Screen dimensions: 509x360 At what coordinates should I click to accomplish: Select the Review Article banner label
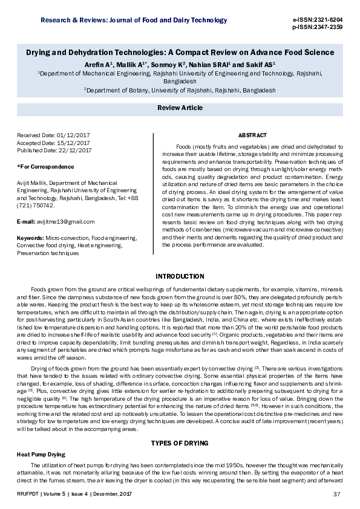(x=180, y=107)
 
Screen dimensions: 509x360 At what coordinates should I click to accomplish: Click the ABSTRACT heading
(x=252, y=135)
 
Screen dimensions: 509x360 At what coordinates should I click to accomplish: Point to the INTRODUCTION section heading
(x=180, y=276)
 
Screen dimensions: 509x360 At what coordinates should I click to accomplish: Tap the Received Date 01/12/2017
(x=54, y=135)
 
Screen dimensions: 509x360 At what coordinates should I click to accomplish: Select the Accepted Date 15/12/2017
(x=54, y=142)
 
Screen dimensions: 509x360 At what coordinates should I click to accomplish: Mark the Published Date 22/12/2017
(x=54, y=149)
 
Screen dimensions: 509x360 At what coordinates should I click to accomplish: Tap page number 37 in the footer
(x=338, y=496)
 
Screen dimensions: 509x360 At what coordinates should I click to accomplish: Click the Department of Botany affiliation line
(x=180, y=89)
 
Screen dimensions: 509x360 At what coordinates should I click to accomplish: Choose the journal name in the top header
(x=134, y=21)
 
